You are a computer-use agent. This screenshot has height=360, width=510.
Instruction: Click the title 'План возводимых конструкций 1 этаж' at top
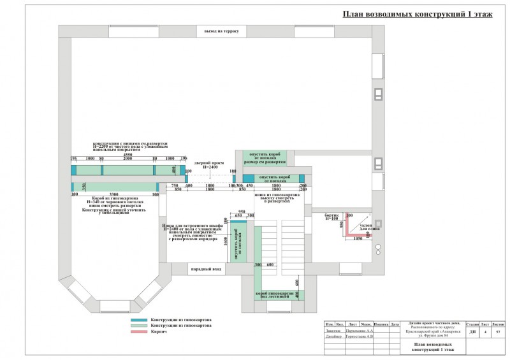[418, 14]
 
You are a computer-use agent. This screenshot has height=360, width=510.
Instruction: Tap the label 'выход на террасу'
[221, 31]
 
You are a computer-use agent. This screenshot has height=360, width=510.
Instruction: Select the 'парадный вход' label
[205, 270]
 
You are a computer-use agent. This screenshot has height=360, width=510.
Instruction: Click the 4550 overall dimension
[127, 154]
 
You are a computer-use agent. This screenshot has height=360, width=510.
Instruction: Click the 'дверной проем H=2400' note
[210, 164]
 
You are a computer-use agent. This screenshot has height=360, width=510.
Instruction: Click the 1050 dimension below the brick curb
[358, 238]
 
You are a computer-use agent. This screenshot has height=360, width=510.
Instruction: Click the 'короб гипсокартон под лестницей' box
[279, 294]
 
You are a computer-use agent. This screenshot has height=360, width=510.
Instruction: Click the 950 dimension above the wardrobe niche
[242, 211]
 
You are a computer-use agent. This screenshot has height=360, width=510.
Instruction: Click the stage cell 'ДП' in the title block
[472, 332]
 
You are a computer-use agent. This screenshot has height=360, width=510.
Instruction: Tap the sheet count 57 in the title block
[498, 332]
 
